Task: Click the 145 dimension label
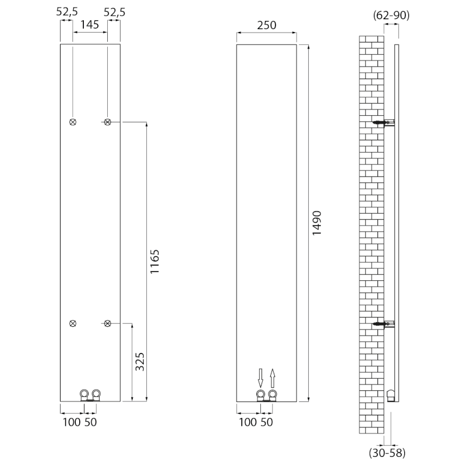[x=90, y=26]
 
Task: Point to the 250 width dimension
[x=266, y=26]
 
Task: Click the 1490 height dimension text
[x=317, y=223]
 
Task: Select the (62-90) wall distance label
[x=391, y=16]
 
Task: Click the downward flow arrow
[x=261, y=377]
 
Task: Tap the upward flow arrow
[x=273, y=377]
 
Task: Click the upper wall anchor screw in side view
[x=382, y=123]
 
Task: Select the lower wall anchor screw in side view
[x=382, y=324]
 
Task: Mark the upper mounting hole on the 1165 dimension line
[x=108, y=122]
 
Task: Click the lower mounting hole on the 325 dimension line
[x=108, y=323]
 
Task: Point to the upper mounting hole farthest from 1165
[x=73, y=122]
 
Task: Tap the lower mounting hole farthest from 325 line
[x=73, y=323]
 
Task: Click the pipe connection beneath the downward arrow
[x=261, y=396]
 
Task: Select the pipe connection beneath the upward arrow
[x=273, y=396]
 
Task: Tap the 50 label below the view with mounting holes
[x=91, y=422]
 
